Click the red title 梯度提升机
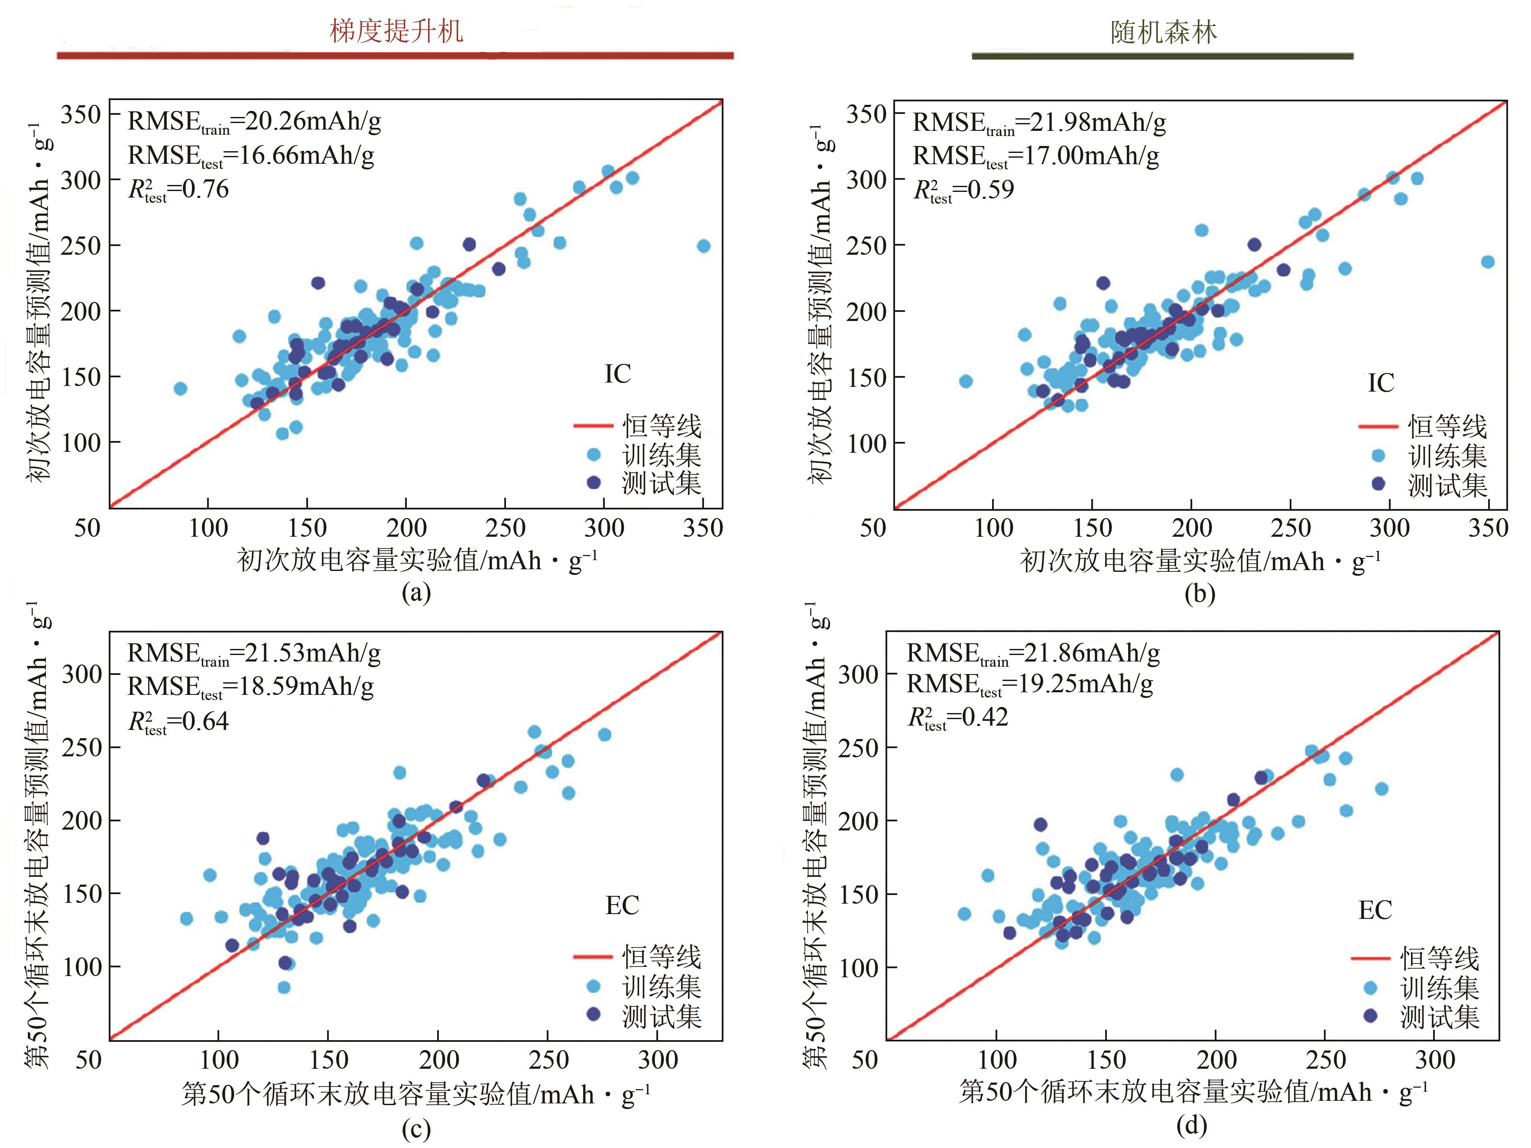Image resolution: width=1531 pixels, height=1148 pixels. [x=396, y=32]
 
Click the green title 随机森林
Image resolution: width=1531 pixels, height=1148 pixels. [x=1164, y=32]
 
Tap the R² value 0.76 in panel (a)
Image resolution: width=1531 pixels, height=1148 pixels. [x=178, y=190]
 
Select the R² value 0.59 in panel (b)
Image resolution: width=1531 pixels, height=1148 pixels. [x=964, y=190]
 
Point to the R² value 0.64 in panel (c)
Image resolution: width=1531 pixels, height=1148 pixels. [x=178, y=722]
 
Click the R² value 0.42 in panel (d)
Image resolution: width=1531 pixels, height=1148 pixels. [x=958, y=717]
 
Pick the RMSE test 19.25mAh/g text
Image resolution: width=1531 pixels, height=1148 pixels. [x=1030, y=684]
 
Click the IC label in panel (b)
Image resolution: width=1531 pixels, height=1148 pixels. [x=1381, y=383]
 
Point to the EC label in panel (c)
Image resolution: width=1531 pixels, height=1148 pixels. [x=622, y=906]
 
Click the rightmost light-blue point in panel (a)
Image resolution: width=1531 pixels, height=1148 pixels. [x=703, y=246]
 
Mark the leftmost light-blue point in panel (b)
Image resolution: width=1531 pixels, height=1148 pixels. [x=966, y=381]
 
